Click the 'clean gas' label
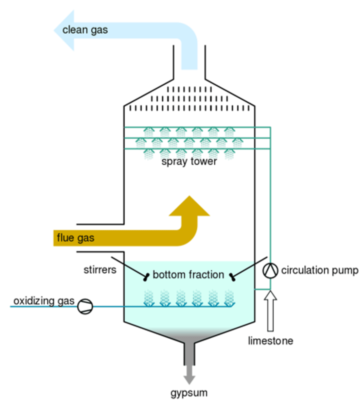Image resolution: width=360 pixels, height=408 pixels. coord(85,30)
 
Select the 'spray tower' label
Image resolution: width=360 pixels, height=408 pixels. coord(189,162)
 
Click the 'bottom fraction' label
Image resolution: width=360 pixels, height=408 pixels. coord(188,274)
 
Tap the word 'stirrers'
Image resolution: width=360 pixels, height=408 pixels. coord(100,270)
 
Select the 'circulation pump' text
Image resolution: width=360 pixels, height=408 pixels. coord(320,271)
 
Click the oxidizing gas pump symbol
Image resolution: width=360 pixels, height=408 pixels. coord(85,306)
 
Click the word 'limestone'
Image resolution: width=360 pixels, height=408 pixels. coord(271,341)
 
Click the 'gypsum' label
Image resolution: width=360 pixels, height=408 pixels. coord(189,393)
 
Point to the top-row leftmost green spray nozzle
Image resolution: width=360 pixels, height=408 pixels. coord(148,131)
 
